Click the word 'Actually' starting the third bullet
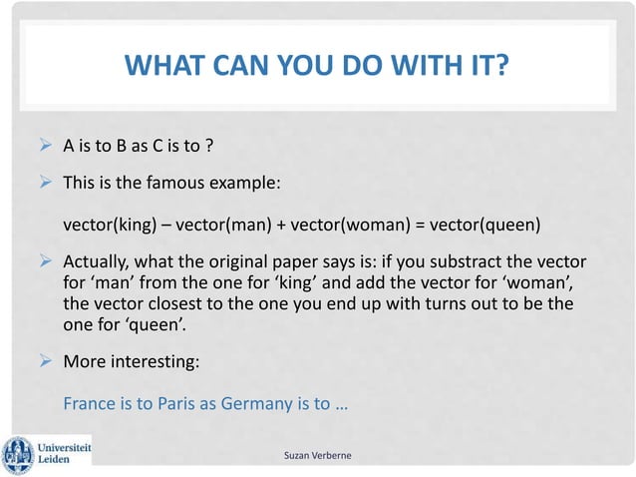tap(98, 262)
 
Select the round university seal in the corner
tap(17, 455)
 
